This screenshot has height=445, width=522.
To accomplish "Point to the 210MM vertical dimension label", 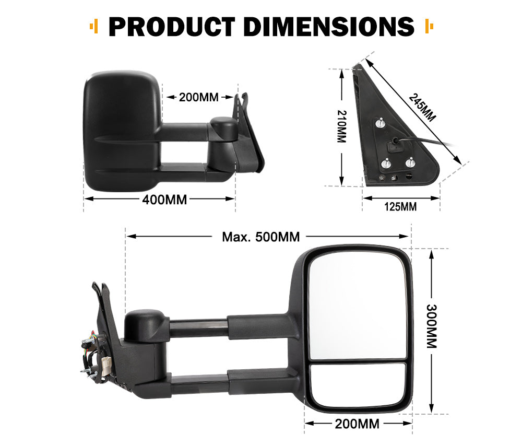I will pos(342,126).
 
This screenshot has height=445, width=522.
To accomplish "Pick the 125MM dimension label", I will pos(400,206).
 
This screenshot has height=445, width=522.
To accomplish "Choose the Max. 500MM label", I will pos(260,237).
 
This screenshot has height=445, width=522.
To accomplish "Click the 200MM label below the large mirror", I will pos(358,424).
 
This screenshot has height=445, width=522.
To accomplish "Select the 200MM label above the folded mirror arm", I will pos(198,97).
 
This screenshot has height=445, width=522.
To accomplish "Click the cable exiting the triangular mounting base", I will pos(428,141).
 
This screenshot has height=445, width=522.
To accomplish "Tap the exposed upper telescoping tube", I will pos(198,328).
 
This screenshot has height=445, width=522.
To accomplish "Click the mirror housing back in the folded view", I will pos(120,131).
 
